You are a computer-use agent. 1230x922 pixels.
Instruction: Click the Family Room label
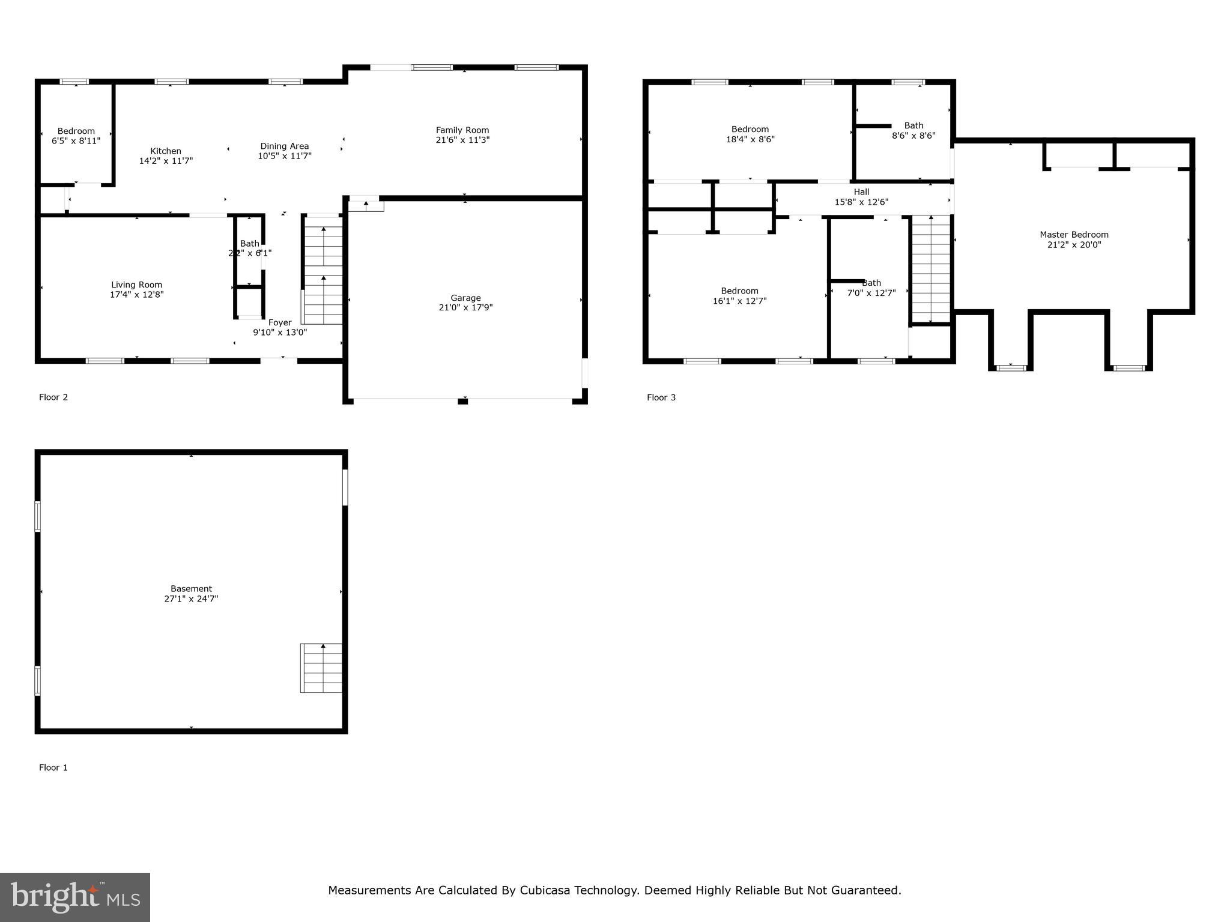pyautogui.click(x=462, y=130)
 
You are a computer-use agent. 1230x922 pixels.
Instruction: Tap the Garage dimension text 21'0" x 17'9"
pyautogui.click(x=465, y=307)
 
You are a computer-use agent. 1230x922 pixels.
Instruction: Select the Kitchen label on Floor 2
pyautogui.click(x=166, y=151)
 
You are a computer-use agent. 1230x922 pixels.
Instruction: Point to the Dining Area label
pyautogui.click(x=284, y=146)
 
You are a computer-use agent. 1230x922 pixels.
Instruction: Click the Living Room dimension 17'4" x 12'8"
pyautogui.click(x=136, y=295)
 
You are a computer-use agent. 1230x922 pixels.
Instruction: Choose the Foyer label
pyautogui.click(x=280, y=322)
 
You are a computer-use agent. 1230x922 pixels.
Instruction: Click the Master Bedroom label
pyautogui.click(x=1074, y=235)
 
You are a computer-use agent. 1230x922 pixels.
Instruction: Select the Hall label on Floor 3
pyautogui.click(x=861, y=192)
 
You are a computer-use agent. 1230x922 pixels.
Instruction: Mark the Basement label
pyautogui.click(x=191, y=589)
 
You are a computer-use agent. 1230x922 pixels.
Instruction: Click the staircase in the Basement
pyautogui.click(x=322, y=668)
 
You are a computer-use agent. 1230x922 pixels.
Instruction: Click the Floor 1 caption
pyautogui.click(x=53, y=768)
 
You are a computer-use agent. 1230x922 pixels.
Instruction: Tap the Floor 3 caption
pyautogui.click(x=661, y=397)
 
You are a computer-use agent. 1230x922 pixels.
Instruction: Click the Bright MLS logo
pyautogui.click(x=75, y=897)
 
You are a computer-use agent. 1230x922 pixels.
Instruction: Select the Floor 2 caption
pyautogui.click(x=53, y=397)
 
